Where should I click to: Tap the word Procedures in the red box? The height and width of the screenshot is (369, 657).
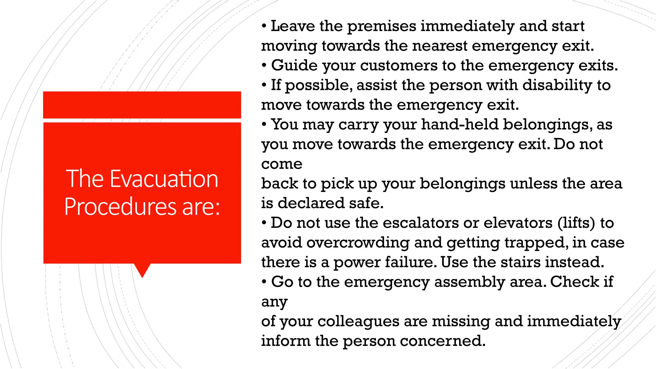tap(120, 207)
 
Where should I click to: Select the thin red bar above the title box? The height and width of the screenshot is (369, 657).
tap(142, 105)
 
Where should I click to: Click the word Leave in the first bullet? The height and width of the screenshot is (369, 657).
tap(293, 26)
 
